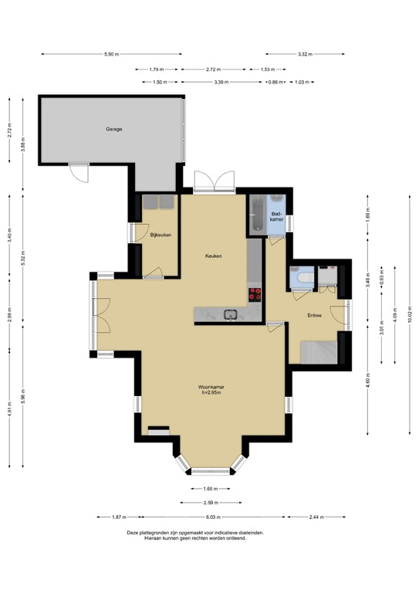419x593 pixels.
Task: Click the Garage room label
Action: tap(114, 129)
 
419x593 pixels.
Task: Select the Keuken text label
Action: tap(213, 256)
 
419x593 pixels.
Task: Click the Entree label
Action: tap(315, 315)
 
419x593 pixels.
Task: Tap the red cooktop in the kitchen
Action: tap(255, 293)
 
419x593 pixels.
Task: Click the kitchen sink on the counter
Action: tap(229, 313)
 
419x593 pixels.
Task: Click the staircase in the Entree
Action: tap(316, 351)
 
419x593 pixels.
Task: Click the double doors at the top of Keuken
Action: tap(213, 182)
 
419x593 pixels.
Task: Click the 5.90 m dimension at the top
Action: tap(113, 54)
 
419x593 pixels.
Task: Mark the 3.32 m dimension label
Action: tap(304, 54)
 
